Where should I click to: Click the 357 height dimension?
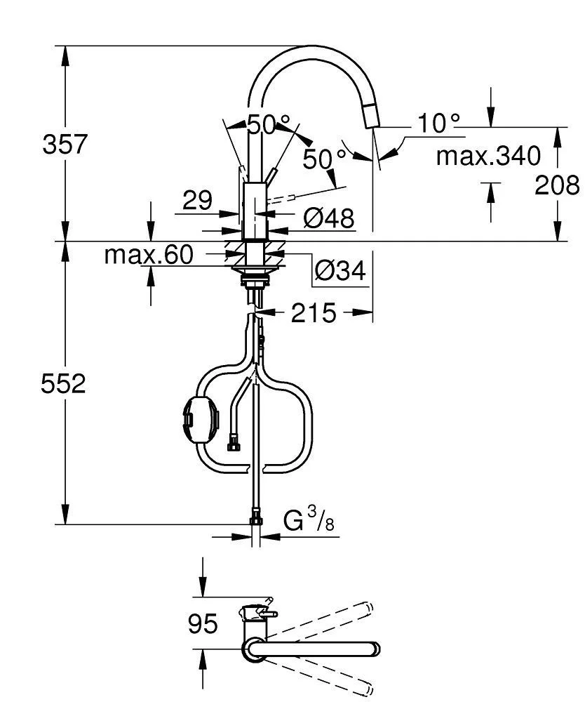point(65,145)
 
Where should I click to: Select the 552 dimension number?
point(64,384)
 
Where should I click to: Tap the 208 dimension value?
point(557,185)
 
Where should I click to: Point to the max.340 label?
point(488,155)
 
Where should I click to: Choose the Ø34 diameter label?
point(339,271)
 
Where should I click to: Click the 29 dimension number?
point(197,201)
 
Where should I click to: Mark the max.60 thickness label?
point(148,255)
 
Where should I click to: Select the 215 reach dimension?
point(314,313)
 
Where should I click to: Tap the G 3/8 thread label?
point(309,522)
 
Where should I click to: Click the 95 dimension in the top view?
point(203,623)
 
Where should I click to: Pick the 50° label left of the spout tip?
point(325,159)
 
